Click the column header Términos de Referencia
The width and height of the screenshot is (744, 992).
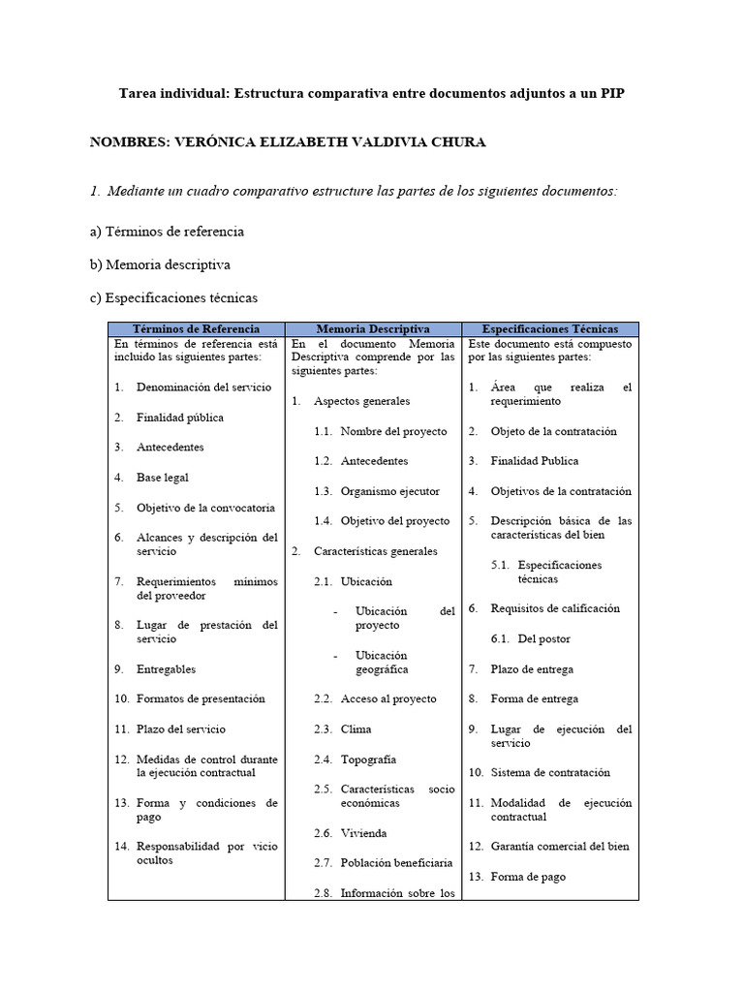click(196, 329)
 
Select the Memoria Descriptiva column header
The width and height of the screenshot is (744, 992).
click(373, 329)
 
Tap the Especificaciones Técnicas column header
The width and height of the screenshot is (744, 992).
click(550, 329)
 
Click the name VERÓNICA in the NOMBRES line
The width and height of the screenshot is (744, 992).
click(212, 142)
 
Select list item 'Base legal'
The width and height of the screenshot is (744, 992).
click(163, 478)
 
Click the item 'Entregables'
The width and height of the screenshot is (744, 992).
click(166, 669)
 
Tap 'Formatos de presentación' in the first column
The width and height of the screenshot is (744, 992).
click(201, 698)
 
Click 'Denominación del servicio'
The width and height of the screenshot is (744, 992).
click(203, 387)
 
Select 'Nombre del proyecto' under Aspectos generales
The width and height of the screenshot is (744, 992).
click(393, 431)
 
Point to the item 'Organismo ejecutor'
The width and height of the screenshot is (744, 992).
click(389, 491)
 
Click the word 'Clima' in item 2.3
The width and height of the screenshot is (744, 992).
click(356, 729)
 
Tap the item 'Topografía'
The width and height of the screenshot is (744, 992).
click(368, 760)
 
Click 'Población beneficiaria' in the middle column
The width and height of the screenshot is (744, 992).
click(396, 863)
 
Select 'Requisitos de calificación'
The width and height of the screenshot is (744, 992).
click(555, 608)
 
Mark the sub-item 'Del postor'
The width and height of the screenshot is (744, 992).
click(543, 639)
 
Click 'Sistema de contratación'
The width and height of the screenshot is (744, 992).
click(550, 773)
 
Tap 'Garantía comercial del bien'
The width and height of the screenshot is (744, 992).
click(560, 847)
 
